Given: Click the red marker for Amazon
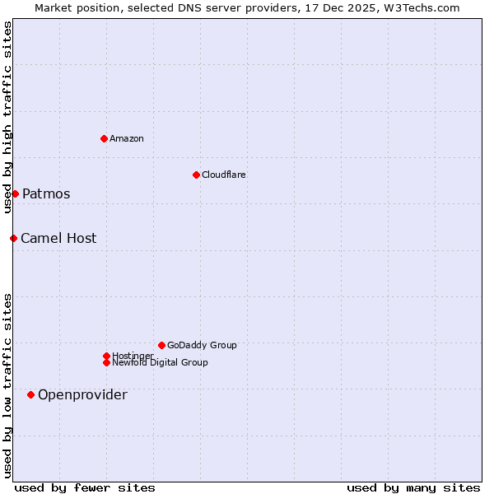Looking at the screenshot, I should (x=104, y=138).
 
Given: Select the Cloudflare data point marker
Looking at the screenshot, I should (x=196, y=175).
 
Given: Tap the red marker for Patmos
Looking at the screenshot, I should (x=15, y=193).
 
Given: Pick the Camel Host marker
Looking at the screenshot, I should (x=13, y=238).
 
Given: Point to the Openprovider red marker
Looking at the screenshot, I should (x=30, y=394).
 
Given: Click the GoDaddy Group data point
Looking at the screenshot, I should (x=161, y=345).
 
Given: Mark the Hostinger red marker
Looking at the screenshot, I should (x=106, y=356).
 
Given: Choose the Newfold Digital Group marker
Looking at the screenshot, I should (x=106, y=362).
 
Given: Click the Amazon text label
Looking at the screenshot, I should (x=126, y=138).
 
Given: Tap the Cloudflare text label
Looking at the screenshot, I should (x=223, y=175).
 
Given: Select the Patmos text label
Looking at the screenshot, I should (x=46, y=194).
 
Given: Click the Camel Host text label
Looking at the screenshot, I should (x=58, y=239).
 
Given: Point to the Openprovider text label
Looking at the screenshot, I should (x=82, y=395).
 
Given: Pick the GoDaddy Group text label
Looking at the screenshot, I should (x=202, y=345).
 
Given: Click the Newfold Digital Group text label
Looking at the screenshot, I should (x=160, y=362).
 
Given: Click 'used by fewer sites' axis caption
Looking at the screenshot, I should (x=85, y=487).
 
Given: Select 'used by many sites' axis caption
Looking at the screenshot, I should (x=413, y=487).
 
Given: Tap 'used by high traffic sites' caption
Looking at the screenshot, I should (x=7, y=117).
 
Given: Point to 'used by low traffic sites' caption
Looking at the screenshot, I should (x=7, y=384).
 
